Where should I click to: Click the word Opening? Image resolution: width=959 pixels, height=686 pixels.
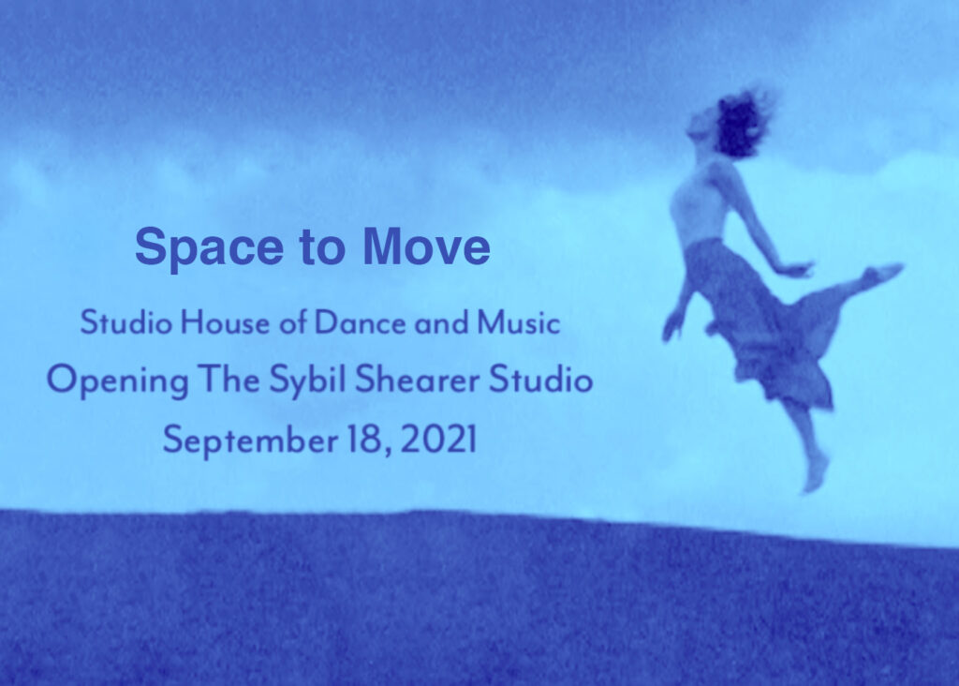[109, 381]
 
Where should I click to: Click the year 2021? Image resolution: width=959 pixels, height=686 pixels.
[438, 439]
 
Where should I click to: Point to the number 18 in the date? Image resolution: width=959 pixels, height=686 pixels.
[363, 439]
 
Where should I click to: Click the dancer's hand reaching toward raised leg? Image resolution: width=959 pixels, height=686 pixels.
[797, 269]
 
